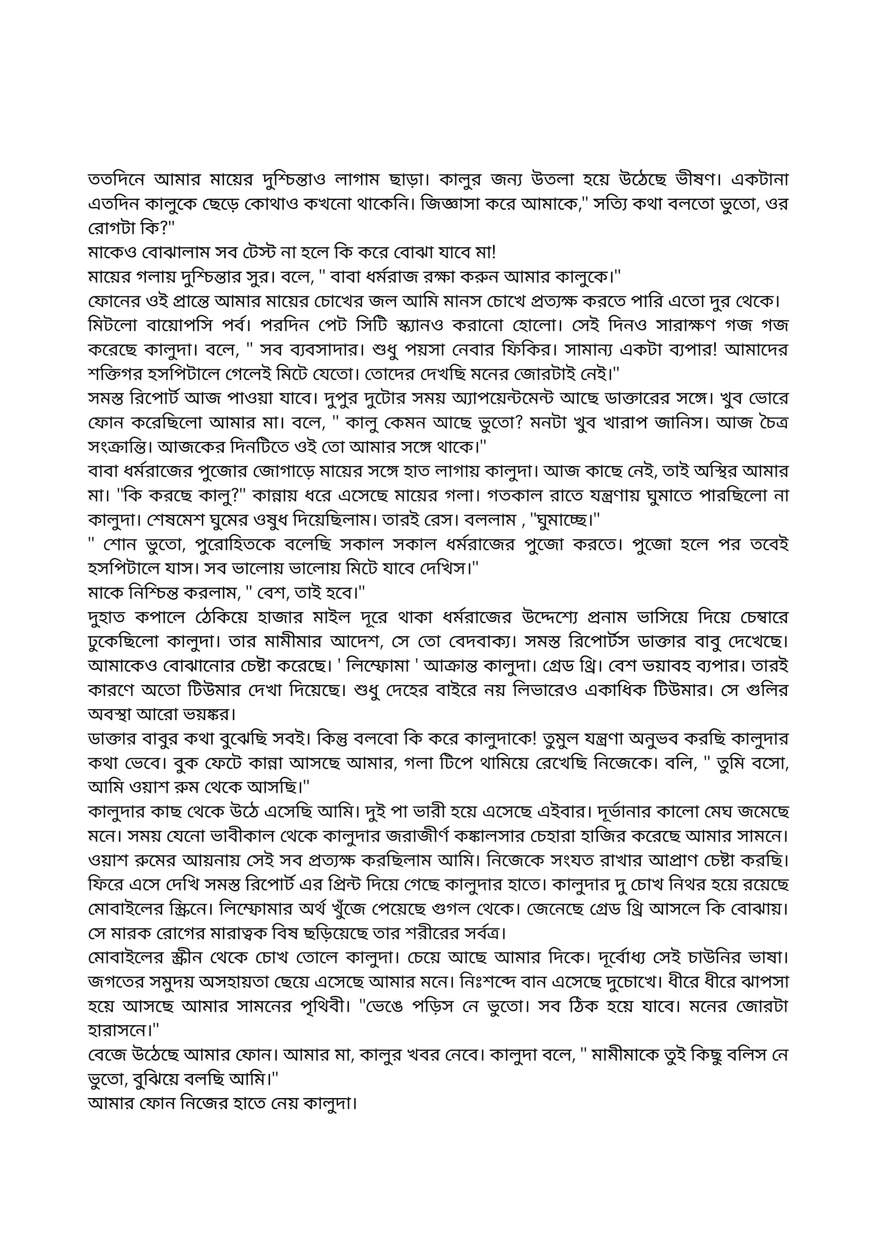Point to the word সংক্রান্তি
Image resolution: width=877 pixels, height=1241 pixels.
tap(120, 447)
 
